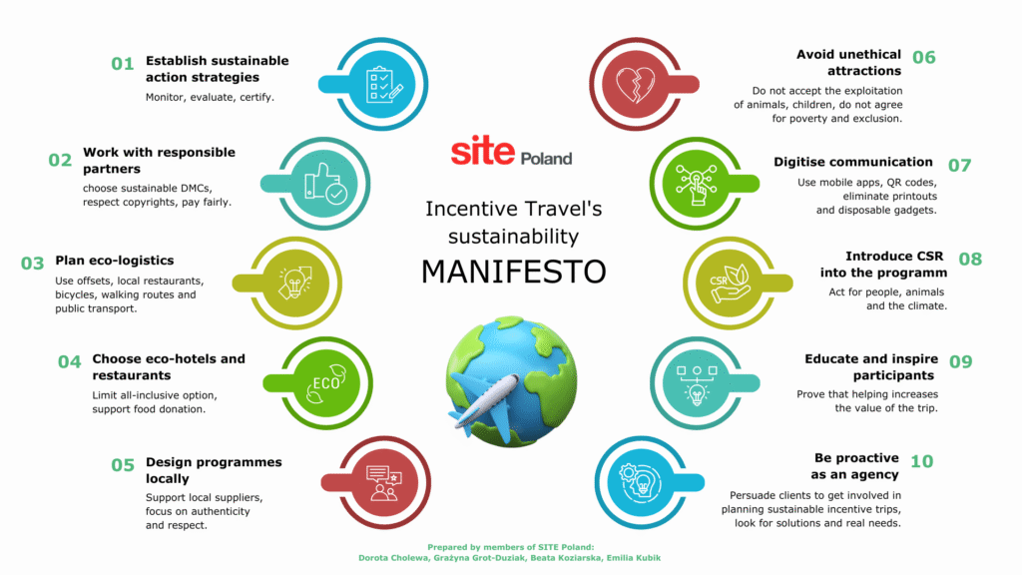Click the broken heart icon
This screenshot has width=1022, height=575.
coord(636,84)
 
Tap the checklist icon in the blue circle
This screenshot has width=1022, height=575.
coord(384,85)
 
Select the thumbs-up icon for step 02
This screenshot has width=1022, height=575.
coord(325,184)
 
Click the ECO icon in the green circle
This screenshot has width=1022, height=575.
coord(326,383)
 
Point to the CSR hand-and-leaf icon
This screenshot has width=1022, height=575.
coord(731,283)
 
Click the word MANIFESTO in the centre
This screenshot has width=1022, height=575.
coord(514,272)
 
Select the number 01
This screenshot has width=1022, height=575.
coord(122,64)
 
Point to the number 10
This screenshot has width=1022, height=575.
coord(921,461)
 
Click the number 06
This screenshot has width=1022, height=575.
coord(923,57)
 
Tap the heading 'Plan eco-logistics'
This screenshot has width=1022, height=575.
coord(115,261)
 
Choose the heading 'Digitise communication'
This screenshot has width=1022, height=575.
coord(853,162)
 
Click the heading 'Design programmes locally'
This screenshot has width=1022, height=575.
coord(214,470)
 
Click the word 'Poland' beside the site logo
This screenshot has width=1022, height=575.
coord(546,158)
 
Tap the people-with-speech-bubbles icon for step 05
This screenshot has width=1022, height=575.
coord(383,483)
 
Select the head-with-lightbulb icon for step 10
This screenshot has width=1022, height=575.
coord(639,483)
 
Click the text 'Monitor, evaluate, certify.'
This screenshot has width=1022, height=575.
coord(210,97)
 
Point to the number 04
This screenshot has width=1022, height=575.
coord(69,361)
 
